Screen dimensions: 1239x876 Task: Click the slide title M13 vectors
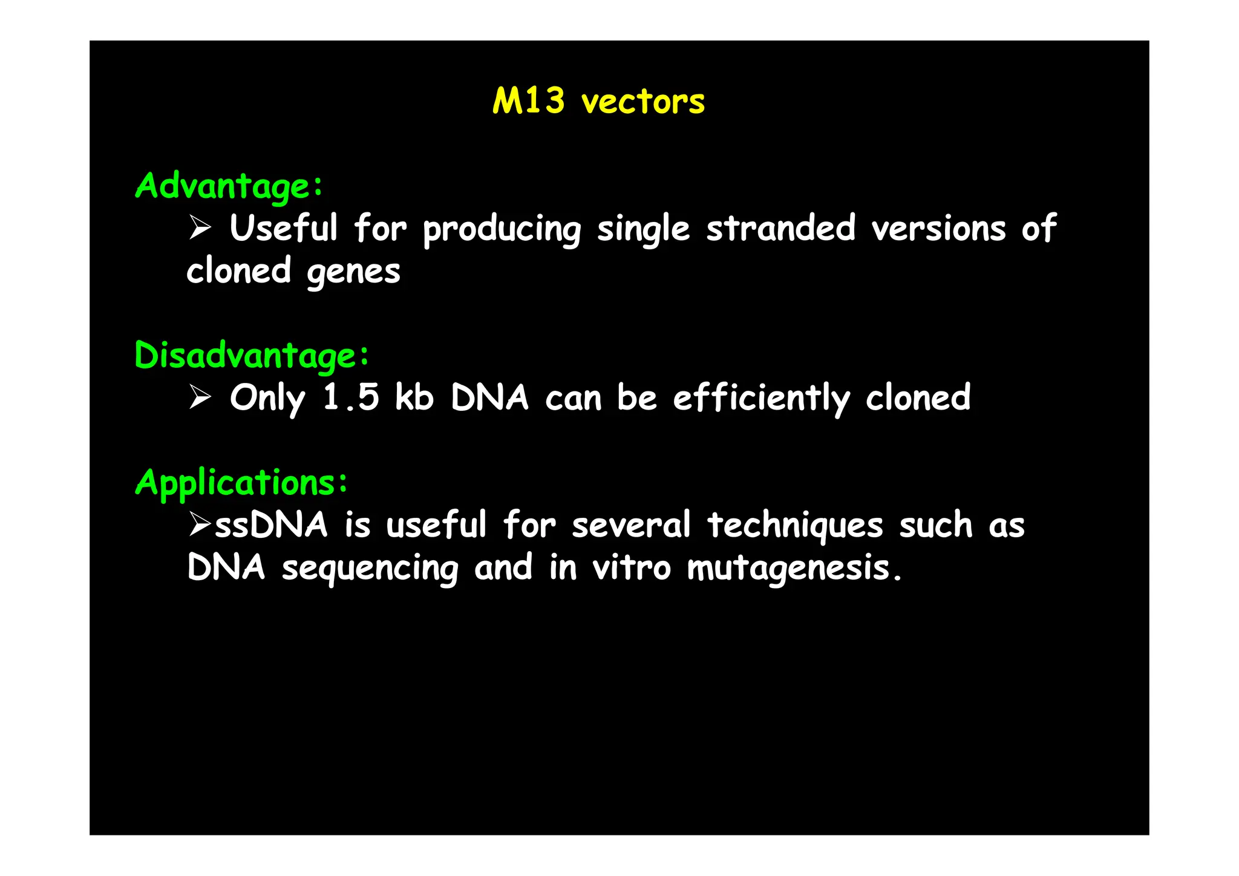click(598, 101)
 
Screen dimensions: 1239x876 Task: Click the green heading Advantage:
click(229, 186)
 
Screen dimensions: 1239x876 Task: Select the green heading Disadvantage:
click(252, 355)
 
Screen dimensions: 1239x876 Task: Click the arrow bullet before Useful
click(200, 229)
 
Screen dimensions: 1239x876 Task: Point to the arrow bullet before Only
click(200, 397)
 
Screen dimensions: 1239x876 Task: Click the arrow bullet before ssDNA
click(199, 524)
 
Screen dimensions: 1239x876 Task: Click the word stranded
click(780, 229)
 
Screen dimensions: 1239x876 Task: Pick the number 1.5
click(351, 397)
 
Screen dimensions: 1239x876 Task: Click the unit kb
click(414, 397)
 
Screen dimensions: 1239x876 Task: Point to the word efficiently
click(762, 399)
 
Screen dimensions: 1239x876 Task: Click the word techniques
click(795, 525)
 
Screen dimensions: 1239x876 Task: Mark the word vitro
click(631, 567)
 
